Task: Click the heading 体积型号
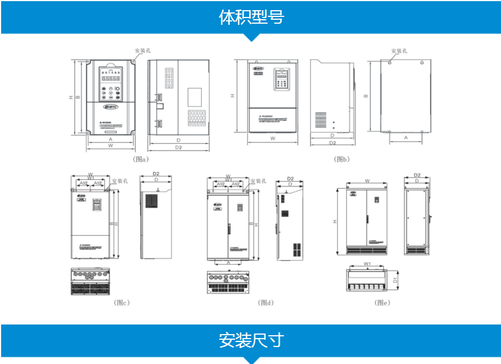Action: click(x=251, y=17)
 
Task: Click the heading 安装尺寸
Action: click(x=251, y=340)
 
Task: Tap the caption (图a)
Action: click(x=140, y=159)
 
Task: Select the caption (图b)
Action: click(x=342, y=159)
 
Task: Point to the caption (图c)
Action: click(x=121, y=302)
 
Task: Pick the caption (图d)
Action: click(x=265, y=302)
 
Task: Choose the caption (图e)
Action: click(x=382, y=302)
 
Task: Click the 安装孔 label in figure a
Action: click(x=142, y=51)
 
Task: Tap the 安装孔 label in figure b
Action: click(x=399, y=51)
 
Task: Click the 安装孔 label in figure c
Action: click(x=120, y=181)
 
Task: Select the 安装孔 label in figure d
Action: click(x=258, y=181)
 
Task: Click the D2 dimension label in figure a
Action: click(x=178, y=148)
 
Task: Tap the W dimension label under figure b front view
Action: click(x=272, y=138)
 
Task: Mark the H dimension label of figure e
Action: click(x=335, y=222)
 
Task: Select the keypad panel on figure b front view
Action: click(x=281, y=79)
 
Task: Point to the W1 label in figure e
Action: click(x=367, y=264)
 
